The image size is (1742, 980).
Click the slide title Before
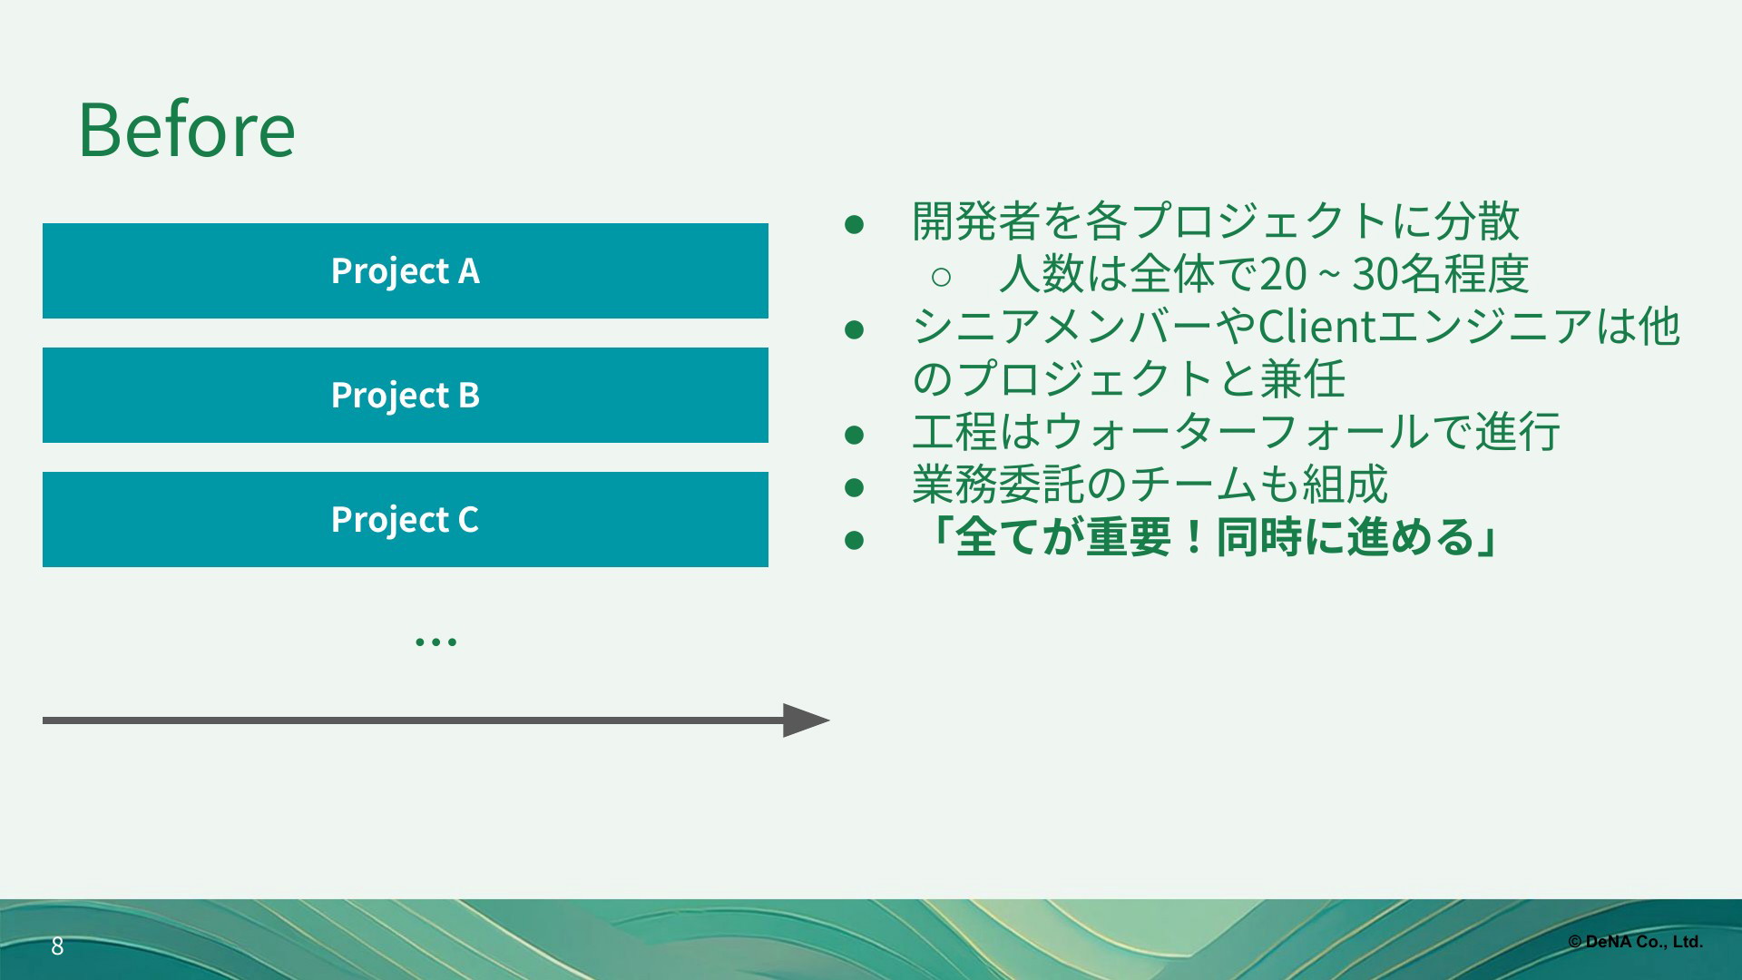tap(187, 130)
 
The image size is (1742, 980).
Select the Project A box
tap(406, 270)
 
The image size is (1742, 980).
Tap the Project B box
tap(406, 395)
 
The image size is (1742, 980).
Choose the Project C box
tap(406, 519)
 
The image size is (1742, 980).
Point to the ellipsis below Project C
tap(435, 642)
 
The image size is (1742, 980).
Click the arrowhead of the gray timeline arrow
tap(806, 720)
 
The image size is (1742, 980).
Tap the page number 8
tap(57, 946)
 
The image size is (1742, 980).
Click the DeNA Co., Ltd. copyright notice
tap(1635, 942)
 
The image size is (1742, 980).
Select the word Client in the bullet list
tap(1317, 327)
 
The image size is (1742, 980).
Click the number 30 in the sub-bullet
tap(1375, 274)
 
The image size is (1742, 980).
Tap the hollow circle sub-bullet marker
tap(941, 276)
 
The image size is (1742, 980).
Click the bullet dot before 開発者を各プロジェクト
tap(853, 223)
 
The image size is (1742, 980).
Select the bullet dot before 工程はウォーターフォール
tap(853, 435)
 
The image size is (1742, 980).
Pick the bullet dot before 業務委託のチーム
tap(853, 487)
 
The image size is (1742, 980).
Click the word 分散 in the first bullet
tap(1477, 221)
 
